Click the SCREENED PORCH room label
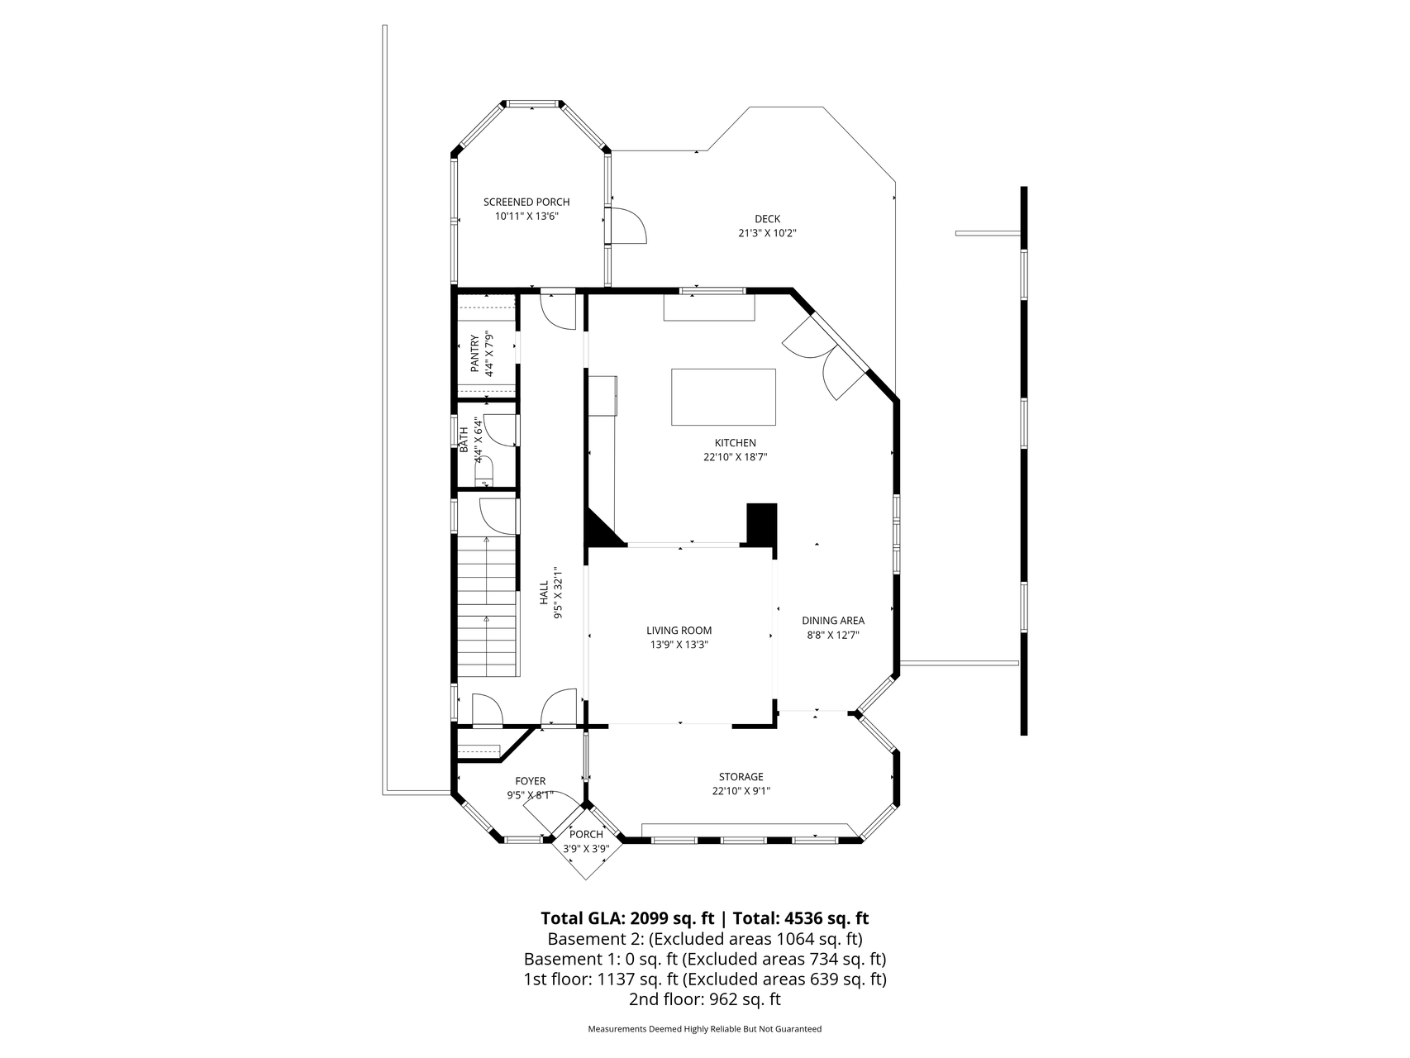(526, 202)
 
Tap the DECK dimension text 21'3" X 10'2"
(766, 233)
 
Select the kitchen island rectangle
(723, 397)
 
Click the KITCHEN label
(735, 443)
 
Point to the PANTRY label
(474, 354)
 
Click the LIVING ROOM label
(679, 630)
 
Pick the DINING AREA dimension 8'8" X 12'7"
(832, 635)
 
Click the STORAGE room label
(740, 777)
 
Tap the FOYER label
(530, 781)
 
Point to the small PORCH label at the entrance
(586, 834)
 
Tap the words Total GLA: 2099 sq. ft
(626, 917)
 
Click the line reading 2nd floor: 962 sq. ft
(704, 999)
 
